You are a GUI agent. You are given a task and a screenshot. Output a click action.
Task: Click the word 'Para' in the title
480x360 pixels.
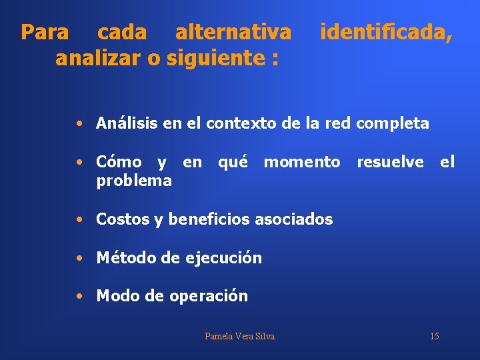coord(45,32)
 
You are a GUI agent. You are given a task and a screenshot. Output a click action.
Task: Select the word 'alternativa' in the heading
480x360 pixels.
coord(233,32)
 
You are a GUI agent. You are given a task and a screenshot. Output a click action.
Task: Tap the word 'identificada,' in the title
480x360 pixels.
coord(386,32)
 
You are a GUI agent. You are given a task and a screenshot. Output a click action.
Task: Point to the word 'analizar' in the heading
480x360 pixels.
coord(98,59)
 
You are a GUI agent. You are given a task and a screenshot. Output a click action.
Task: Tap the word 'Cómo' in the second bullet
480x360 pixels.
coord(119,162)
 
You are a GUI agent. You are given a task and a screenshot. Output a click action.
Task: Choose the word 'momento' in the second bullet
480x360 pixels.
coord(301,162)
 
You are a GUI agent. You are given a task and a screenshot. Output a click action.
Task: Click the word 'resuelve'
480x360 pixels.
coord(390,162)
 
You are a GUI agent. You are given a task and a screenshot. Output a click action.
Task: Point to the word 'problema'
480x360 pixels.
coord(134,181)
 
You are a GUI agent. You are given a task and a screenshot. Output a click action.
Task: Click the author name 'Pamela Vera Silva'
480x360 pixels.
coord(239,336)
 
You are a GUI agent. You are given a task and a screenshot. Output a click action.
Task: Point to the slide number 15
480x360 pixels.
coord(434,336)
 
